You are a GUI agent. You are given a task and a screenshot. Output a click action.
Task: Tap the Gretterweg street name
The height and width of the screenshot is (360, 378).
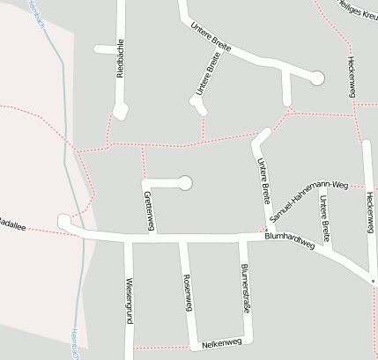[x=149, y=211]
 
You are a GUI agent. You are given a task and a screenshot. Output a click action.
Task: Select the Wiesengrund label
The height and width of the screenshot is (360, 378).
[x=129, y=302]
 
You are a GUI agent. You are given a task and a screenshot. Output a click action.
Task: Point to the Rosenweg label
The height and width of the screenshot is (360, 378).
[x=186, y=291]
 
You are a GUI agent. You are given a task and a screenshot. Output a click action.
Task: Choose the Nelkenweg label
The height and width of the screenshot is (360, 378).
[x=221, y=342]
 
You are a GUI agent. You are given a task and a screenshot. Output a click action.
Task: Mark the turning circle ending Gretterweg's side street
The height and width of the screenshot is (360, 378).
[x=185, y=183]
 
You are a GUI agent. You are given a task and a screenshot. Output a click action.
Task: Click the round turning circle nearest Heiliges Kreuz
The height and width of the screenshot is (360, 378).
[x=317, y=78]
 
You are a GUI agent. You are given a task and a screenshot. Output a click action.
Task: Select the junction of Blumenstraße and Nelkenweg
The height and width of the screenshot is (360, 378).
[x=250, y=342]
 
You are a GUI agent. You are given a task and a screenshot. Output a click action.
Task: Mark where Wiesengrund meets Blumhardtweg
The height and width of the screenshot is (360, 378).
[x=128, y=238]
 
